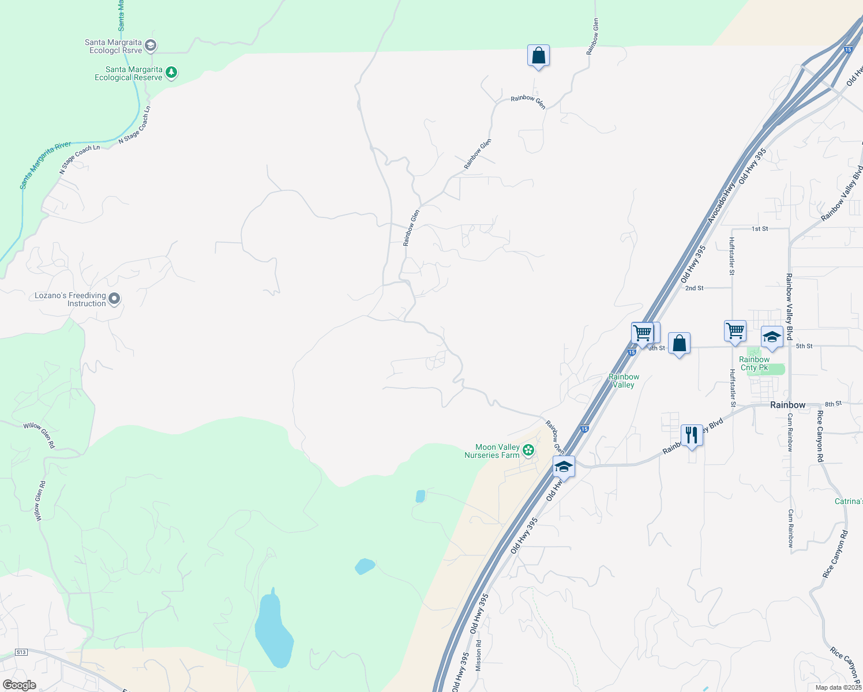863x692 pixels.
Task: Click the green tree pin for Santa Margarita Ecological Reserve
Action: point(171,73)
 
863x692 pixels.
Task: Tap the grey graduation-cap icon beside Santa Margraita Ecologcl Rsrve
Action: point(151,46)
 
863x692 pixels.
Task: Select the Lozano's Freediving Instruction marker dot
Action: point(114,299)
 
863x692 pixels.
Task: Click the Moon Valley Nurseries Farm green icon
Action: point(528,450)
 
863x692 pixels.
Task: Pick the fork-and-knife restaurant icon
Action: point(692,435)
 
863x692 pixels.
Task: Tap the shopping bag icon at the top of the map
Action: point(538,56)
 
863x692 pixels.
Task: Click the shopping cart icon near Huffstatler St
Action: point(735,331)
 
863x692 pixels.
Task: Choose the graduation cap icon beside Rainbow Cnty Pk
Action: point(772,337)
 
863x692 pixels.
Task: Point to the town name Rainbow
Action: point(787,405)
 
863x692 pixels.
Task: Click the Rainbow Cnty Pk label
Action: point(755,363)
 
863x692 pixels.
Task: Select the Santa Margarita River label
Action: point(46,165)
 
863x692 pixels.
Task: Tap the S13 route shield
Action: point(21,652)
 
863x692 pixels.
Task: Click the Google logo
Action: point(20,685)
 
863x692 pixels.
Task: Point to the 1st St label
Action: point(760,229)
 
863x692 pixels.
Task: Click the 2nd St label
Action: point(694,288)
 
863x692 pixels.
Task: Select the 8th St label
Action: point(833,404)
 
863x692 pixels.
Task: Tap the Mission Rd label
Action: point(478,655)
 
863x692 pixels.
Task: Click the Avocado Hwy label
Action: point(721,203)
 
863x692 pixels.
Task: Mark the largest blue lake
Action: point(273,631)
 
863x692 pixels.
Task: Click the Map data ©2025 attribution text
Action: point(838,687)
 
